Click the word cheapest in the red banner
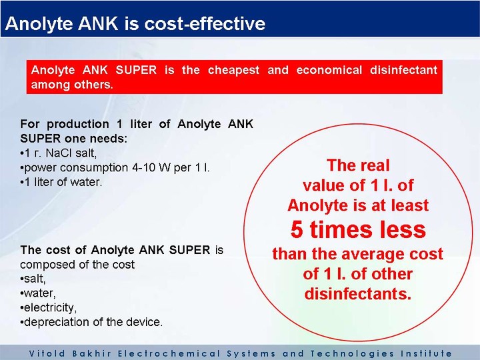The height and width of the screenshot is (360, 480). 233,71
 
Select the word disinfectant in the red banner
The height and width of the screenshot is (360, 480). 403,70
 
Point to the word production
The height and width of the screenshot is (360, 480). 78,125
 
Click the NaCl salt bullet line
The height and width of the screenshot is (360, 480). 59,153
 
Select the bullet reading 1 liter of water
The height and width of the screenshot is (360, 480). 61,182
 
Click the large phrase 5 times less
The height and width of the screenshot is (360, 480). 358,229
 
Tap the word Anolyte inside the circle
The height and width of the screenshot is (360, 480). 318,205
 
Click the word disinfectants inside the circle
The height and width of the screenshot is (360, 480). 357,293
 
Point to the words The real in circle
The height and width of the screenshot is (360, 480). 358,165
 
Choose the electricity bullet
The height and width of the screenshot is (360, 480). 49,307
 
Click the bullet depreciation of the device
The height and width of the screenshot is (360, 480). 91,322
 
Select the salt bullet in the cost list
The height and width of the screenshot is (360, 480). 33,279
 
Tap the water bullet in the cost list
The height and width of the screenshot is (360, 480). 38,293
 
